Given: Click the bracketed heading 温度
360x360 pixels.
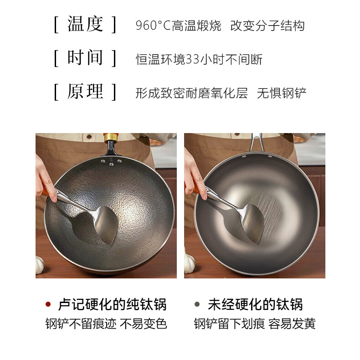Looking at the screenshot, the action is pyautogui.click(x=85, y=25).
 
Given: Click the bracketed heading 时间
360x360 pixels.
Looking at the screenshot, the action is pyautogui.click(x=85, y=58).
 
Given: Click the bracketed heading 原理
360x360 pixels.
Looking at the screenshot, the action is pyautogui.click(x=85, y=92).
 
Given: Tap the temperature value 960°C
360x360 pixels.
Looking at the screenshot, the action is pyautogui.click(x=153, y=26).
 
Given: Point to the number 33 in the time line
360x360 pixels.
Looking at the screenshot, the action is pyautogui.click(x=192, y=59).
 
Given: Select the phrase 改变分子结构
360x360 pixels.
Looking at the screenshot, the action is pyautogui.click(x=267, y=26).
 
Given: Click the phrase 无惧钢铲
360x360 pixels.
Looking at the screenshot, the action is pyautogui.click(x=282, y=93).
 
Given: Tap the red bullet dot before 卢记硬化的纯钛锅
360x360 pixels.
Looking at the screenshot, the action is pyautogui.click(x=48, y=304).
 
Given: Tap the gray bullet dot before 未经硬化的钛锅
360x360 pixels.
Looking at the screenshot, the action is pyautogui.click(x=197, y=304).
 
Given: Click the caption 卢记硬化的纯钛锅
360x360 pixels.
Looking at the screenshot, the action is pyautogui.click(x=112, y=304).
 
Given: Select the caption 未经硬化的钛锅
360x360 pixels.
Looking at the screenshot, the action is pyautogui.click(x=255, y=304).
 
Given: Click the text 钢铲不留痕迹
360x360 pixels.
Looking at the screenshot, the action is pyautogui.click(x=81, y=324).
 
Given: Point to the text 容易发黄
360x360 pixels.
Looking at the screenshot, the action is pyautogui.click(x=292, y=324).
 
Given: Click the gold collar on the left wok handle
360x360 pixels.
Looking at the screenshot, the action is pyautogui.click(x=111, y=138).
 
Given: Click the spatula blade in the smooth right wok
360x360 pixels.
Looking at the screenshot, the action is pyautogui.click(x=252, y=223).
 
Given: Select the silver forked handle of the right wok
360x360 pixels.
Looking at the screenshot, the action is pyautogui.click(x=257, y=142).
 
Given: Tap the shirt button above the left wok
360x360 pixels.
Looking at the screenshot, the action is pyautogui.click(x=89, y=137).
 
